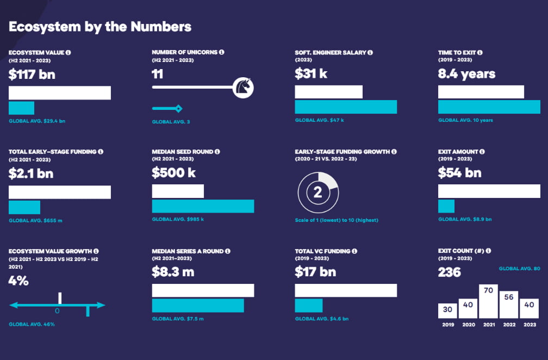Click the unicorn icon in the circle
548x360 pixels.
(243, 87)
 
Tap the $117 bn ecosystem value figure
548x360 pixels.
(32, 75)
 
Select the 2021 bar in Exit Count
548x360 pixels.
(488, 301)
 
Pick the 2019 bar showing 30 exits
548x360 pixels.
(447, 310)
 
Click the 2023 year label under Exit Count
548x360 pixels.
(529, 325)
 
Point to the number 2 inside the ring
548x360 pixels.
(318, 192)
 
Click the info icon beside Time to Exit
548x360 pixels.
(480, 53)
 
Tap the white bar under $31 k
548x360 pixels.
(328, 92)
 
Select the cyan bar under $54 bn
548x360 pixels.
(446, 206)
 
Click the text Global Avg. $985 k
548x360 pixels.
(178, 219)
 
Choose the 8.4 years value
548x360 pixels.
(466, 75)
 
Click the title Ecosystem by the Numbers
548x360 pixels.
(100, 26)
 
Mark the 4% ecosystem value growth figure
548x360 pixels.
(18, 281)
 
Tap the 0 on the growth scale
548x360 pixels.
(57, 311)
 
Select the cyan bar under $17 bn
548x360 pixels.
(308, 305)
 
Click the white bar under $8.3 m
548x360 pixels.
(203, 290)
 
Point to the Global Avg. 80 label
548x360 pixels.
(519, 269)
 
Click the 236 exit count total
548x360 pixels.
(449, 272)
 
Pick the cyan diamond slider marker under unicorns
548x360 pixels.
(178, 108)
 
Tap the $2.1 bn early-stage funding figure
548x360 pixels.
(31, 173)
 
